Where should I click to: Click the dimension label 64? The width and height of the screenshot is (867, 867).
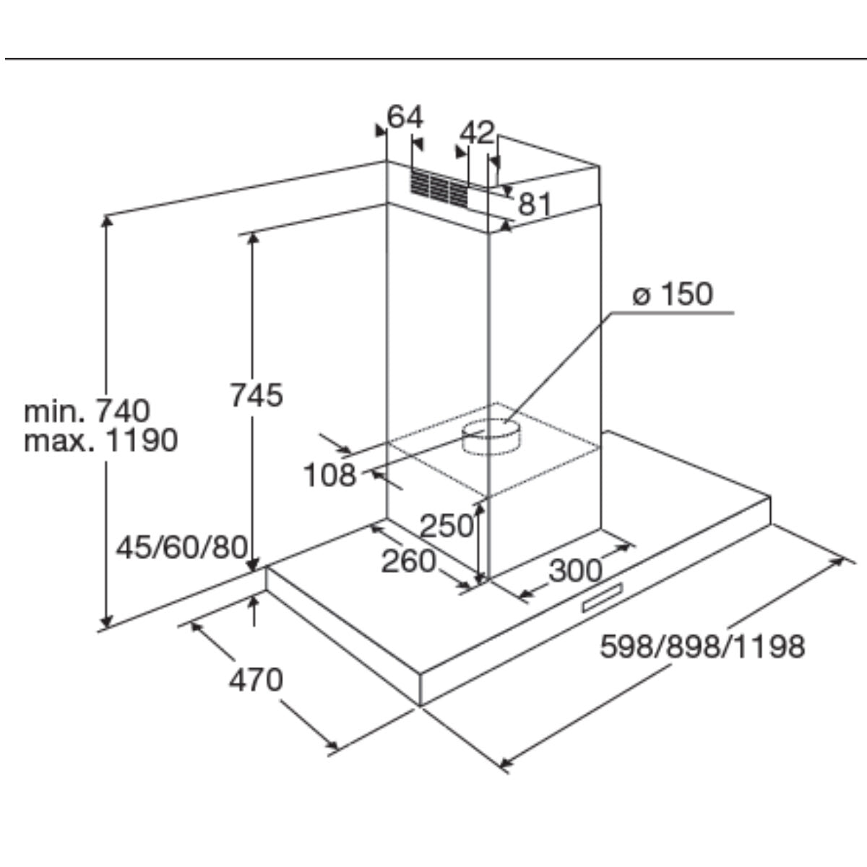coord(405,116)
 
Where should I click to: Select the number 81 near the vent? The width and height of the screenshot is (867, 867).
coord(535,205)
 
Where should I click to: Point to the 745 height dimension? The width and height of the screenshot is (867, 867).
coord(256,394)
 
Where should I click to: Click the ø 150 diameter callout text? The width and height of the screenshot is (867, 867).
coord(672,294)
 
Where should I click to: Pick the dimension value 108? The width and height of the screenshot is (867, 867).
coord(329,475)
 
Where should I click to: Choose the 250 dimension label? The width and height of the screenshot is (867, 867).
coord(447,525)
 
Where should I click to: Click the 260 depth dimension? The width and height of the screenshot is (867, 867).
coord(409,561)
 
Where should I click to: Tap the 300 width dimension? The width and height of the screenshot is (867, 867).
coord(575,571)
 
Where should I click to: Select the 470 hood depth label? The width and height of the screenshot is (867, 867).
coord(256,680)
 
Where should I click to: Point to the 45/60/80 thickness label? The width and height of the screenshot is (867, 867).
coord(182,547)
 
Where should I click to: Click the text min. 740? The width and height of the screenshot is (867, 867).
coord(87,410)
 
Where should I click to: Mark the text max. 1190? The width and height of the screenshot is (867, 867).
coord(100,440)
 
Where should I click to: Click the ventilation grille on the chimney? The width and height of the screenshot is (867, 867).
coord(439,186)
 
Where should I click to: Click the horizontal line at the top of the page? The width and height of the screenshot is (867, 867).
coord(433,58)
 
